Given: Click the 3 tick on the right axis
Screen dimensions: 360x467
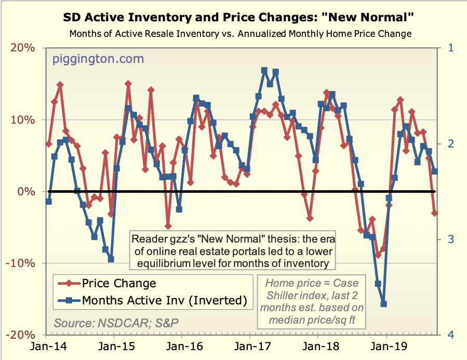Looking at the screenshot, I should [x=450, y=239].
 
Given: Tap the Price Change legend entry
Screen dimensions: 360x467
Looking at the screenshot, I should [x=119, y=283].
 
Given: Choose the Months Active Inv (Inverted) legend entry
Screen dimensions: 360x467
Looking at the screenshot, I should [x=163, y=300].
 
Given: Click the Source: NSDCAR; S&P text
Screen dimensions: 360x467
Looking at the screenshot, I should [x=116, y=322].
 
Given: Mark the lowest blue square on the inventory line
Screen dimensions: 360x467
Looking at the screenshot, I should [x=384, y=304].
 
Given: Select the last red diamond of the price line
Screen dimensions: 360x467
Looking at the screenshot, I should [x=435, y=213].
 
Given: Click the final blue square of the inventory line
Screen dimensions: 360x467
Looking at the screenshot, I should [x=435, y=171].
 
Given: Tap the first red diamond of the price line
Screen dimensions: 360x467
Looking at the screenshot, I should [x=49, y=144].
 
